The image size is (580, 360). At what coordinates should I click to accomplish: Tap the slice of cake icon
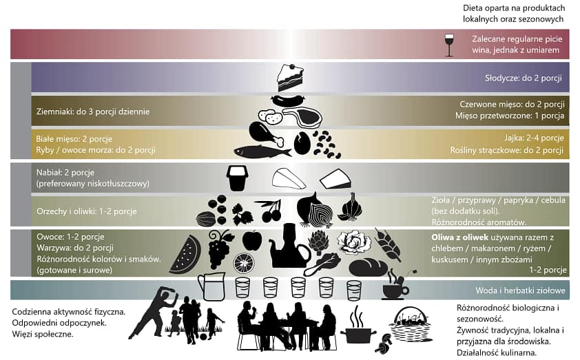pyautogui.click(x=291, y=78)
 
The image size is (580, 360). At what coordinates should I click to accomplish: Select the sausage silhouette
pyautogui.click(x=288, y=100)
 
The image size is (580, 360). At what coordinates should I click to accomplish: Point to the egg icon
pyautogui.click(x=302, y=143)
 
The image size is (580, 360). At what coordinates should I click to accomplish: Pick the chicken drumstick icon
pyautogui.click(x=266, y=134)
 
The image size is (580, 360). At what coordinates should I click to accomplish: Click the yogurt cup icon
pyautogui.click(x=238, y=178)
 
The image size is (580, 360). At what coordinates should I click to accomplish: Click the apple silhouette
pyautogui.click(x=252, y=241)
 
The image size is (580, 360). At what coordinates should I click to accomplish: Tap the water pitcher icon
pyautogui.click(x=211, y=287)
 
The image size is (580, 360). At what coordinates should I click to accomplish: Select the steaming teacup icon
pyautogui.click(x=396, y=286)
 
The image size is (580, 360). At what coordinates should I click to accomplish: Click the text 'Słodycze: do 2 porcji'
pyautogui.click(x=524, y=78)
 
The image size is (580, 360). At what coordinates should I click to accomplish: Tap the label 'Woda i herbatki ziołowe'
pyautogui.click(x=521, y=290)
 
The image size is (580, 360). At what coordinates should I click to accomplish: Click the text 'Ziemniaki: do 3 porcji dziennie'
pyautogui.click(x=93, y=112)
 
